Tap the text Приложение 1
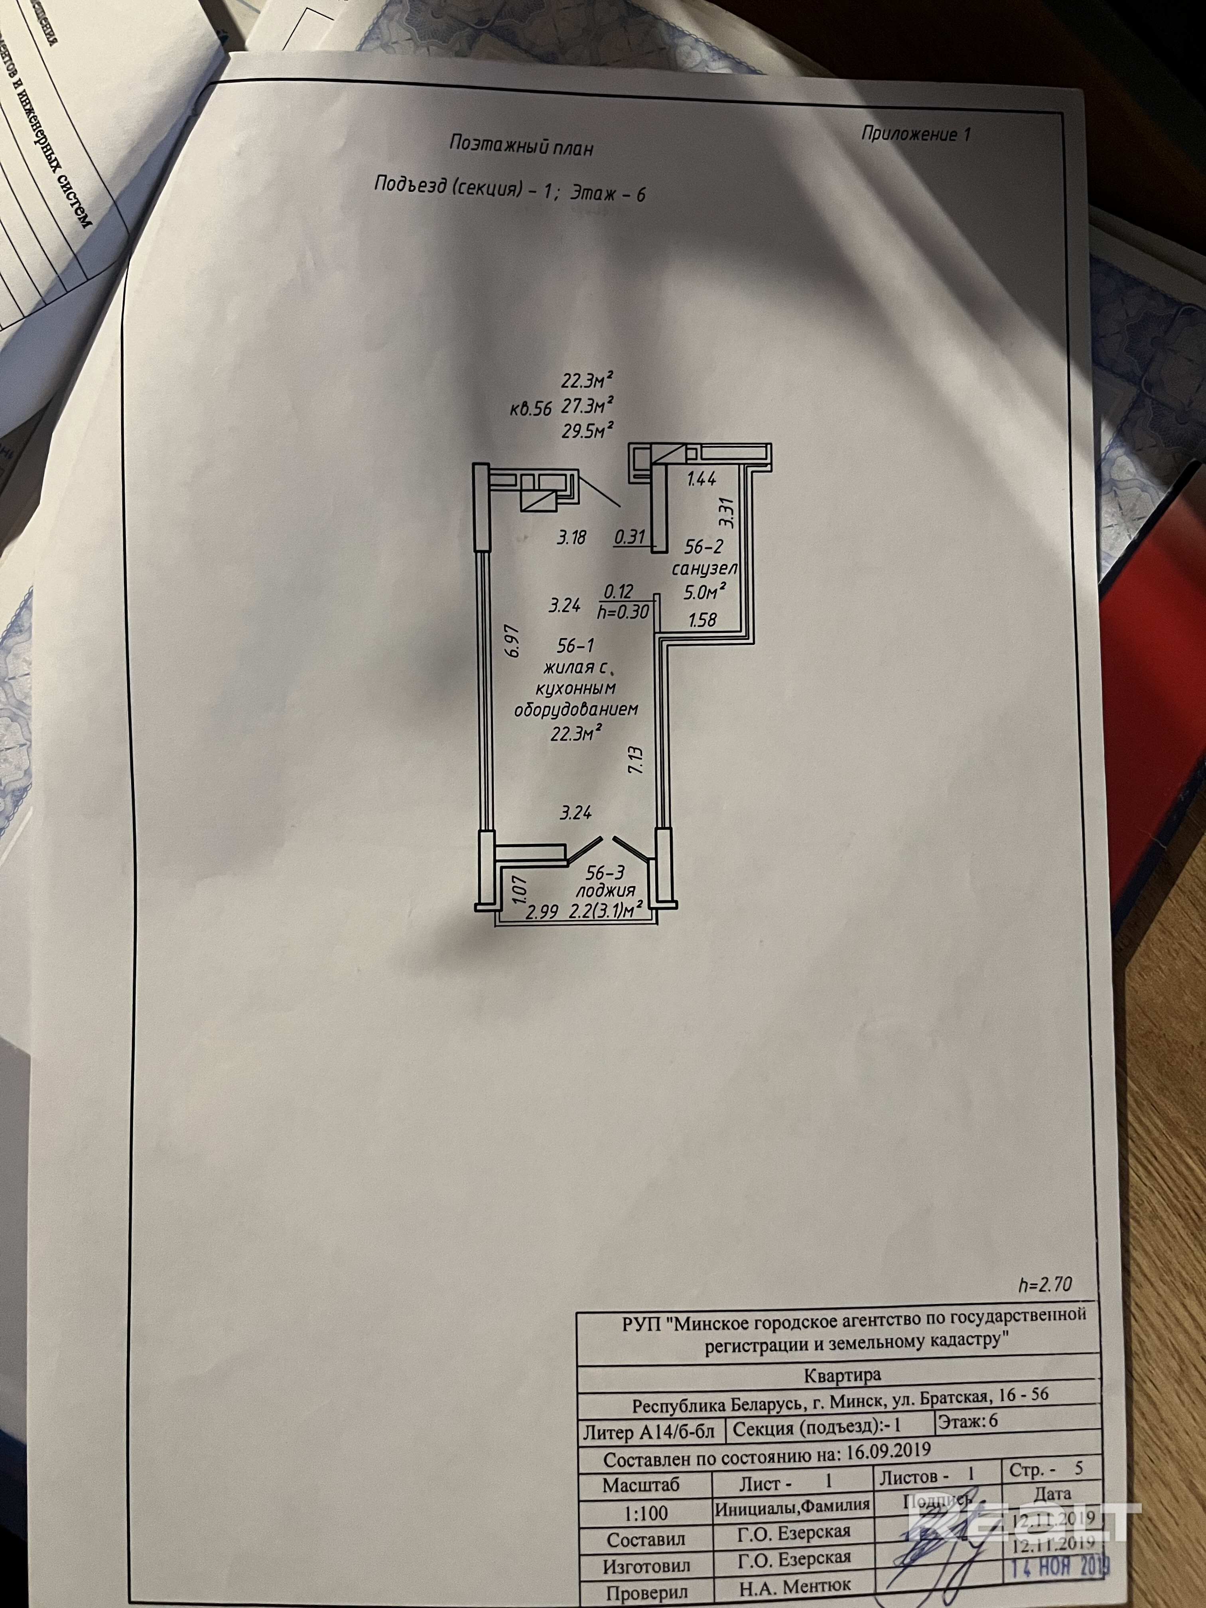pos(915,134)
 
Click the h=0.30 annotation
pos(622,612)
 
